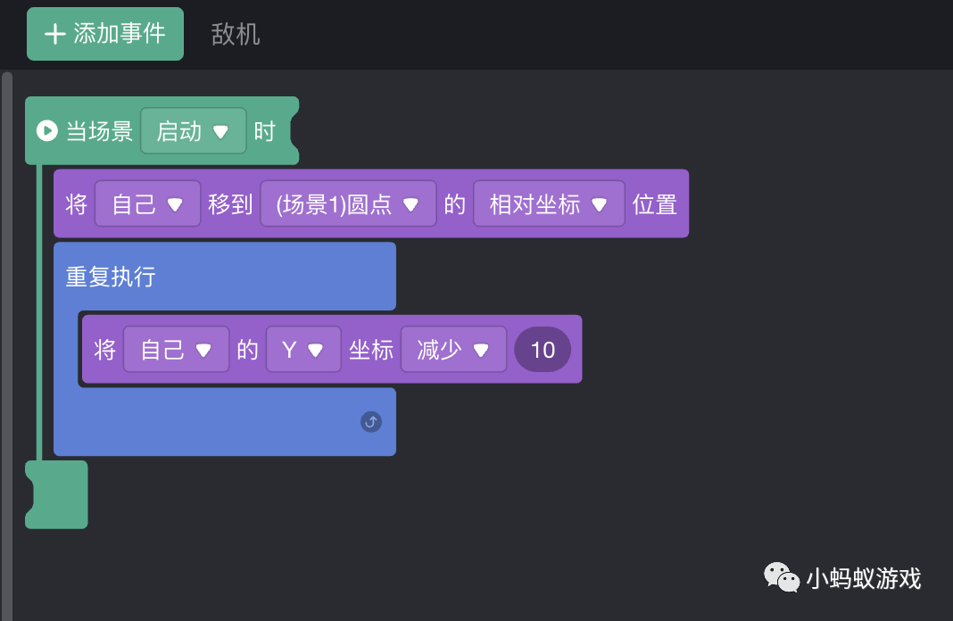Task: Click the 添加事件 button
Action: [x=105, y=34]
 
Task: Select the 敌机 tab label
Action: [x=236, y=34]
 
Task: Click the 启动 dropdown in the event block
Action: [x=193, y=131]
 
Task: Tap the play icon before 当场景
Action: [x=46, y=131]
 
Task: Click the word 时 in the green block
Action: [x=264, y=131]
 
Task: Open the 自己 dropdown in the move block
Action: [x=147, y=204]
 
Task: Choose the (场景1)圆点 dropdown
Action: [x=348, y=204]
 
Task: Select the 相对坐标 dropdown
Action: [x=549, y=204]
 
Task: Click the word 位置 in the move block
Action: [x=655, y=204]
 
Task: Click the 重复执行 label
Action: [x=111, y=277]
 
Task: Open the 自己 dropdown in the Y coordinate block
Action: [x=176, y=350]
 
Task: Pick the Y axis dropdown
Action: [x=302, y=350]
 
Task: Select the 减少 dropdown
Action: [x=453, y=350]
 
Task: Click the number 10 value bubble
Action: [x=543, y=350]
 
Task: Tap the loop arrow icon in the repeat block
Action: [x=371, y=422]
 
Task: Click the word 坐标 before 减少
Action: [x=371, y=350]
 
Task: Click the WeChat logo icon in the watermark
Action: [x=781, y=577]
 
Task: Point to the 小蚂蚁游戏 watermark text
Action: [x=863, y=579]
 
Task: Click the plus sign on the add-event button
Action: [x=55, y=34]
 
